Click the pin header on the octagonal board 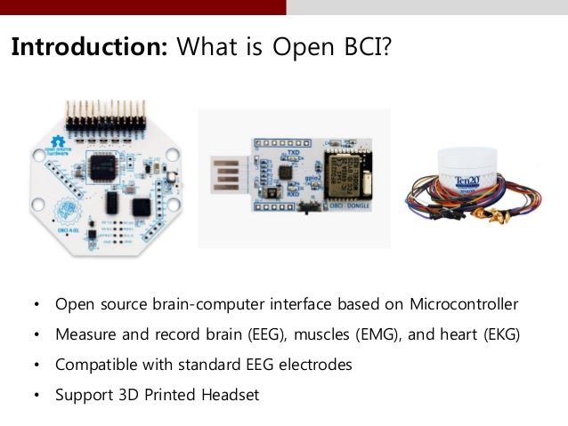(101, 113)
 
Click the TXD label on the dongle (292, 153)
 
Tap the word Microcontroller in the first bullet (464, 305)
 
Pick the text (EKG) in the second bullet (498, 335)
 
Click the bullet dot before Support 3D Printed (37, 395)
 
